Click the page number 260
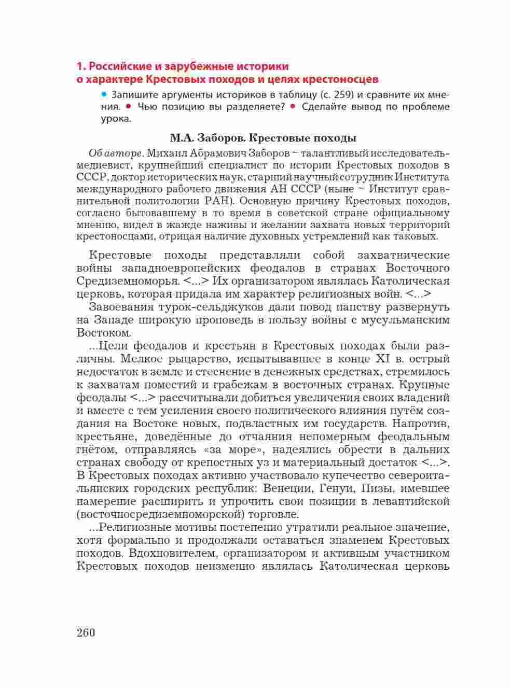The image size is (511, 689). [86, 632]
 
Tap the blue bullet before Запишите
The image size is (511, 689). [104, 94]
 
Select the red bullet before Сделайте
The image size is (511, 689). [293, 106]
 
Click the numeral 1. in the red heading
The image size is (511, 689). [80, 67]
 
